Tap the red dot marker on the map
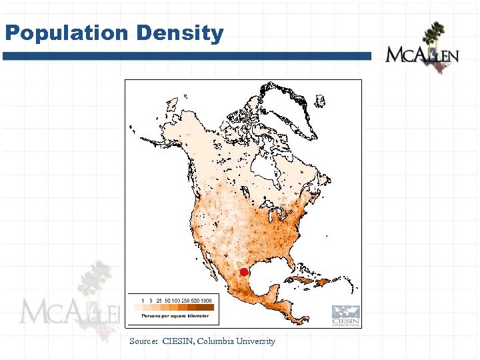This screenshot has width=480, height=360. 244,272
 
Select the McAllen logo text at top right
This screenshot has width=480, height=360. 421,55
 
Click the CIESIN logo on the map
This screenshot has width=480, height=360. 345,315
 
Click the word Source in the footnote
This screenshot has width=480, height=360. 143,341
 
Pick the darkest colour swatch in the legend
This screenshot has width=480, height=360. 207,307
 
